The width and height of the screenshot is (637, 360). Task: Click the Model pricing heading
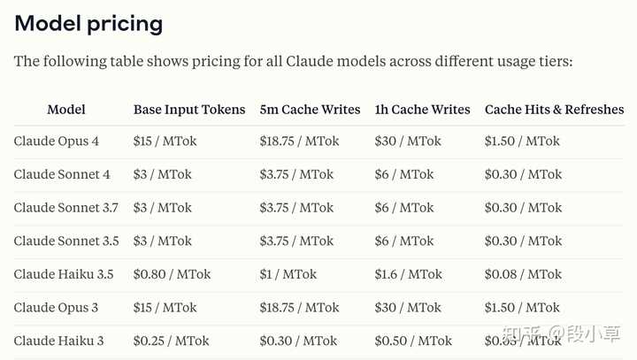click(88, 23)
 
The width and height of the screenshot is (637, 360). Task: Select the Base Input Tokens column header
click(189, 110)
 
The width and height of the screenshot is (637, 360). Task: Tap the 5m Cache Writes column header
click(310, 110)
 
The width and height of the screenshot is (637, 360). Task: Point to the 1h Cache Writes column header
click(422, 110)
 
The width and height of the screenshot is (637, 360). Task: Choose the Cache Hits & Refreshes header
click(554, 110)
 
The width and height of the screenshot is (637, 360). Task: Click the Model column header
click(66, 110)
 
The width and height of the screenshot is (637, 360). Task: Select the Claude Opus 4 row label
click(56, 142)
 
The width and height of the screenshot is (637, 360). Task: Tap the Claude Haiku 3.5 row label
click(63, 274)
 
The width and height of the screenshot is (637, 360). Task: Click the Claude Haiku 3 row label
click(58, 341)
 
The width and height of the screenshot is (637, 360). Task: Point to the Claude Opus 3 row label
click(56, 308)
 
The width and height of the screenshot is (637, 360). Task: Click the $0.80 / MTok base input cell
click(172, 274)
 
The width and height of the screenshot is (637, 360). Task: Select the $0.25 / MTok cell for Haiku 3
click(172, 341)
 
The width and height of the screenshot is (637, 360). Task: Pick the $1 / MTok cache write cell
click(288, 274)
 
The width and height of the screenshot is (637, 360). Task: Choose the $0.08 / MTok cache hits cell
click(523, 274)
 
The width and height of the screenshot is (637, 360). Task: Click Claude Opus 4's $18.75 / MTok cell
click(299, 142)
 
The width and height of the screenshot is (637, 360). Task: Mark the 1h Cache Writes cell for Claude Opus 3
click(407, 308)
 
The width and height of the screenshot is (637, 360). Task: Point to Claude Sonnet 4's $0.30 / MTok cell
click(523, 174)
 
